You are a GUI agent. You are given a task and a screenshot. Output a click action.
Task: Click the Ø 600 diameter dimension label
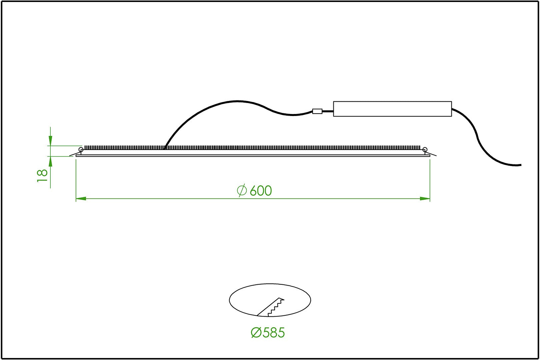[x=254, y=190]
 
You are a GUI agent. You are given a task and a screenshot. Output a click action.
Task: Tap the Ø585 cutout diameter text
[x=268, y=333]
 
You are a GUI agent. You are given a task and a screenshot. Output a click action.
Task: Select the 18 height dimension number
[x=42, y=176]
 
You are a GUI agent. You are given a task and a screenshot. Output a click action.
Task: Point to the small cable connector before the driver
[x=317, y=111]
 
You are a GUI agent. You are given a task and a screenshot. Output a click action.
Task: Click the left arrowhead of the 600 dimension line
[x=81, y=199]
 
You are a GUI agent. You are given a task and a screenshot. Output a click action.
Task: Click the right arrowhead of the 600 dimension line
[x=425, y=199]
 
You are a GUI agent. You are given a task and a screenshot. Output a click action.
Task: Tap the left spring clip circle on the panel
[x=81, y=150]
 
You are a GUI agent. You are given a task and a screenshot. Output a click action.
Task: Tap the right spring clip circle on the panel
[x=425, y=150]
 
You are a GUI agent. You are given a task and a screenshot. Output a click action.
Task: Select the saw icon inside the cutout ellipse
[x=270, y=307]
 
